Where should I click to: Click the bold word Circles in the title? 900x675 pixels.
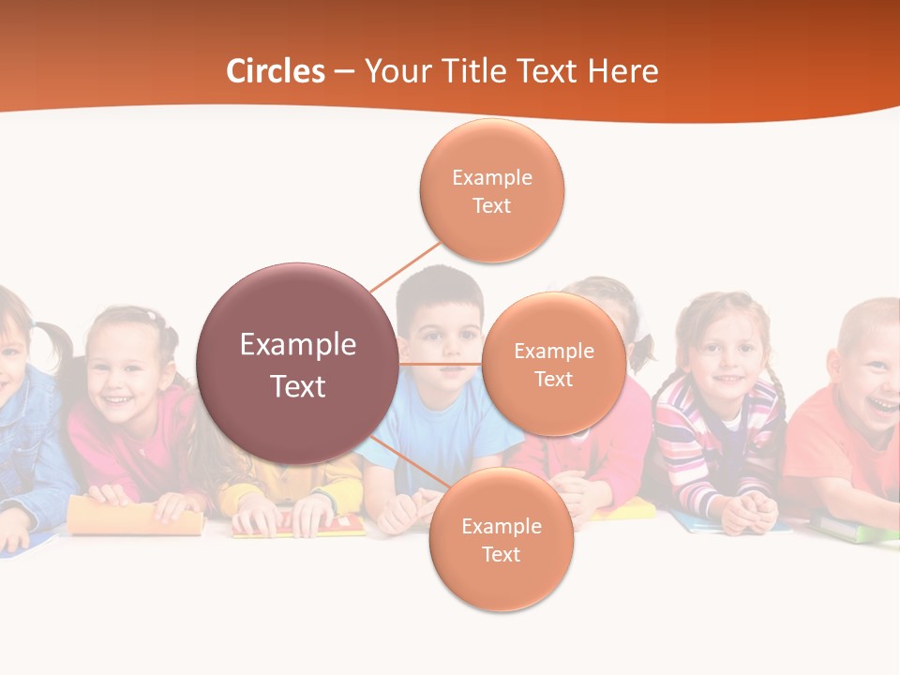[x=276, y=71]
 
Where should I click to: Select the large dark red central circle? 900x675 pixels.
[x=297, y=364]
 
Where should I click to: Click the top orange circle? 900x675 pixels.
[x=491, y=190]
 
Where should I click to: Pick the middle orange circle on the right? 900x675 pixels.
[x=553, y=364]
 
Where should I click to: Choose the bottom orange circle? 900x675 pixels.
[x=501, y=540]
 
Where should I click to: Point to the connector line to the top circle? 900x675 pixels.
[x=405, y=266]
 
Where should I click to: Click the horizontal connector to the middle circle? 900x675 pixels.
[x=440, y=364]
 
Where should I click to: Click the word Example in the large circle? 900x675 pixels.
[x=297, y=344]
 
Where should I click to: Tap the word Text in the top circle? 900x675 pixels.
[x=491, y=205]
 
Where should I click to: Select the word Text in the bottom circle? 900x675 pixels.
[x=501, y=555]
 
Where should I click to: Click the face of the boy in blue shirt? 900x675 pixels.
[x=441, y=333]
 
